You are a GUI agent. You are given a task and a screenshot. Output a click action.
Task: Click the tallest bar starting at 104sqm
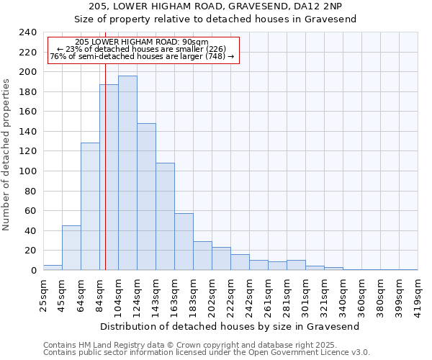127,173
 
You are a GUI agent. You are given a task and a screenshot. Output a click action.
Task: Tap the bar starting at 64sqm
90,206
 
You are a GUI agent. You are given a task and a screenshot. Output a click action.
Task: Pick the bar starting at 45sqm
71,248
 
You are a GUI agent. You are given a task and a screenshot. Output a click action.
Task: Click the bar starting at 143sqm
165,216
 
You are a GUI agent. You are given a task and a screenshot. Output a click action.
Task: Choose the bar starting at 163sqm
184,241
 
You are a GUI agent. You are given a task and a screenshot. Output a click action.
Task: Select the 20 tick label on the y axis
31,251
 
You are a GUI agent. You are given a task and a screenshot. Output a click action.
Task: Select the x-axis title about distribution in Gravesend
230,326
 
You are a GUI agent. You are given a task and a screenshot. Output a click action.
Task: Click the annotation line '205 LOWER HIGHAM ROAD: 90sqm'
141,42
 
